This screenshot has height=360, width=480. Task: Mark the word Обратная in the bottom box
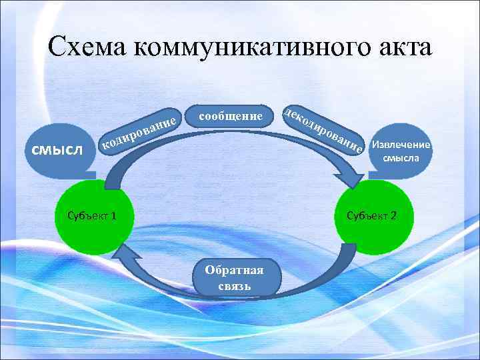[x=234, y=271]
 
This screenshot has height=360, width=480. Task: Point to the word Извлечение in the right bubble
[x=401, y=145]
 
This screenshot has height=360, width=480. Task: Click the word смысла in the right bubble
[x=401, y=159]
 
